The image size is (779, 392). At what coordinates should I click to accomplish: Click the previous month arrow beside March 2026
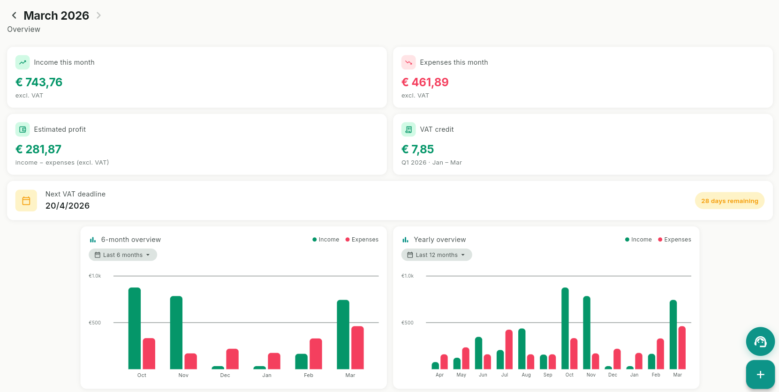(x=14, y=15)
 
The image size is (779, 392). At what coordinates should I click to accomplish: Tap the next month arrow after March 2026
(x=98, y=15)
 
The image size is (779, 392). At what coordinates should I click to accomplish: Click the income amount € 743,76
(x=39, y=83)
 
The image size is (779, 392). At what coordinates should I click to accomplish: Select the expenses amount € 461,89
(x=425, y=83)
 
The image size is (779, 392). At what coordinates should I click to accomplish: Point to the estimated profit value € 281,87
(x=38, y=150)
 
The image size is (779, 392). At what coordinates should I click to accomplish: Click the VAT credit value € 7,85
(x=417, y=150)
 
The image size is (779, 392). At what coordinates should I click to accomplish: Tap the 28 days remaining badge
(x=729, y=201)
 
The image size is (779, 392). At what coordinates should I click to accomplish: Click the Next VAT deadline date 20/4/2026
(x=68, y=206)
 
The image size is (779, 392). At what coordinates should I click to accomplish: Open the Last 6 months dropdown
(x=123, y=255)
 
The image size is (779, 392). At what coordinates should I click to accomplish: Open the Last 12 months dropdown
(x=437, y=255)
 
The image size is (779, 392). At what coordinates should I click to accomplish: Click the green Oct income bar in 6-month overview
(x=135, y=328)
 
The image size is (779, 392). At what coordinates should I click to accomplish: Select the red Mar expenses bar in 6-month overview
(x=357, y=347)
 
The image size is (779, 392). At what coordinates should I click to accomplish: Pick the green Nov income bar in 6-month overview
(x=176, y=332)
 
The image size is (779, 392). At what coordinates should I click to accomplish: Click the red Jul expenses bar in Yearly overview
(x=509, y=349)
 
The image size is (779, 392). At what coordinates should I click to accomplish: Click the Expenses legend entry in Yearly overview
(x=674, y=240)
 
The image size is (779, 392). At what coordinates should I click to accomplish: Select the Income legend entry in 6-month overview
(x=326, y=240)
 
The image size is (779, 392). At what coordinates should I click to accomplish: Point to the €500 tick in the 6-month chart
(x=95, y=323)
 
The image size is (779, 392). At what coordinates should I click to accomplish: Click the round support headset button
(x=760, y=341)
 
